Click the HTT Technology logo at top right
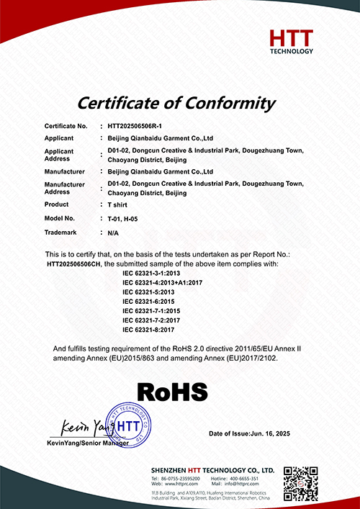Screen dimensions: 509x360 (291, 42)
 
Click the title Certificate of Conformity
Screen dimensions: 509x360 (176, 103)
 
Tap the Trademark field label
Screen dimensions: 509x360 (60, 233)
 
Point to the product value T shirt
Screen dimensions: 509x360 (117, 205)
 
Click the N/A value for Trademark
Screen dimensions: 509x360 (113, 233)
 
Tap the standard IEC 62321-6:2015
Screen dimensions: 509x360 (150, 302)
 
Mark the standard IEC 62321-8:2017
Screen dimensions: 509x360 (150, 329)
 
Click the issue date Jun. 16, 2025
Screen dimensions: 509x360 (276, 435)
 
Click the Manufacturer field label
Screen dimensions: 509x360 (64, 172)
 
